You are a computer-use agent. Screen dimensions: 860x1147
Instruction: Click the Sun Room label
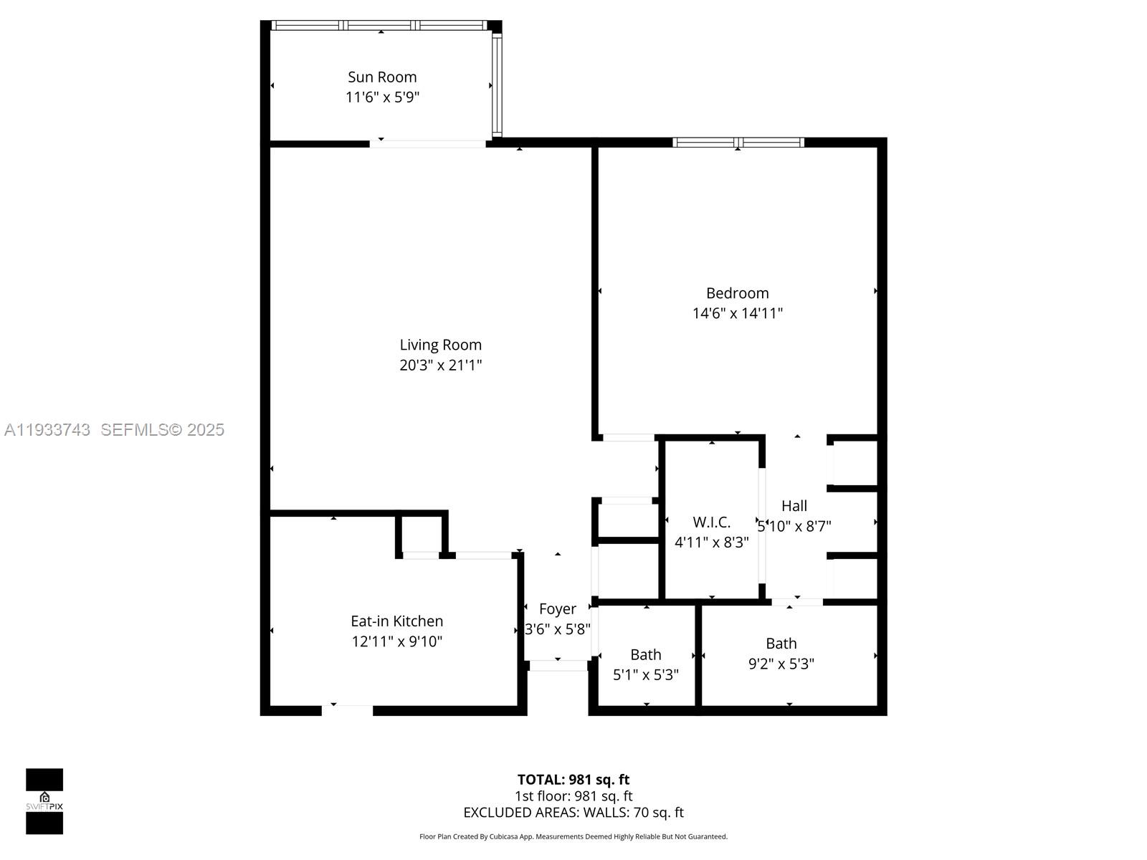pos(382,77)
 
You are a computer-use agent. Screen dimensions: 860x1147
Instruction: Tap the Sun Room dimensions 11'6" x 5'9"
pos(382,97)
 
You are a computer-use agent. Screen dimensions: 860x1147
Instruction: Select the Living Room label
pos(440,345)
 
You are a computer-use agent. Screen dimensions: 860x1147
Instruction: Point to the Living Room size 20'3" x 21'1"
pos(440,365)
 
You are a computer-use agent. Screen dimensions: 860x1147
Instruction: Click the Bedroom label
pos(737,293)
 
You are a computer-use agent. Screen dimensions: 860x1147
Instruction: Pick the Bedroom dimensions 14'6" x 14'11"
pos(737,313)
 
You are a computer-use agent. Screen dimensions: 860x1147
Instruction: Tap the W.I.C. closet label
pos(711,522)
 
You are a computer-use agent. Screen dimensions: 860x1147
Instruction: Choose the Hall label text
pos(794,506)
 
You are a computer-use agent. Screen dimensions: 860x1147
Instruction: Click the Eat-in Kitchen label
pos(396,621)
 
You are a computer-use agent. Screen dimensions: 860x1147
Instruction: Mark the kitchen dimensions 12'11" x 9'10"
pos(396,641)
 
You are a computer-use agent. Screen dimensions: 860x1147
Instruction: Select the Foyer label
pos(557,609)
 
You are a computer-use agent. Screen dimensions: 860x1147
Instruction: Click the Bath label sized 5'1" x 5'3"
pos(645,655)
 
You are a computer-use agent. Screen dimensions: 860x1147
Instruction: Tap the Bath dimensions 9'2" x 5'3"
pos(781,664)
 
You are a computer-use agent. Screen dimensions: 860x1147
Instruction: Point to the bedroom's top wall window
pos(738,142)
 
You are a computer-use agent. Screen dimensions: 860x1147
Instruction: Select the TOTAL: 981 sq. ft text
pos(573,780)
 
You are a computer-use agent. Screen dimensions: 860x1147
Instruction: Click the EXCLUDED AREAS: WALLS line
pos(573,813)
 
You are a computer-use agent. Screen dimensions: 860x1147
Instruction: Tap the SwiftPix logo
pos(44,801)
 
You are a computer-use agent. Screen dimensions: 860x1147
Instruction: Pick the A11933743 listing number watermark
pos(47,430)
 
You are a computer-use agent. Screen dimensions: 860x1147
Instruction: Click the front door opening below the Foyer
pos(558,665)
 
